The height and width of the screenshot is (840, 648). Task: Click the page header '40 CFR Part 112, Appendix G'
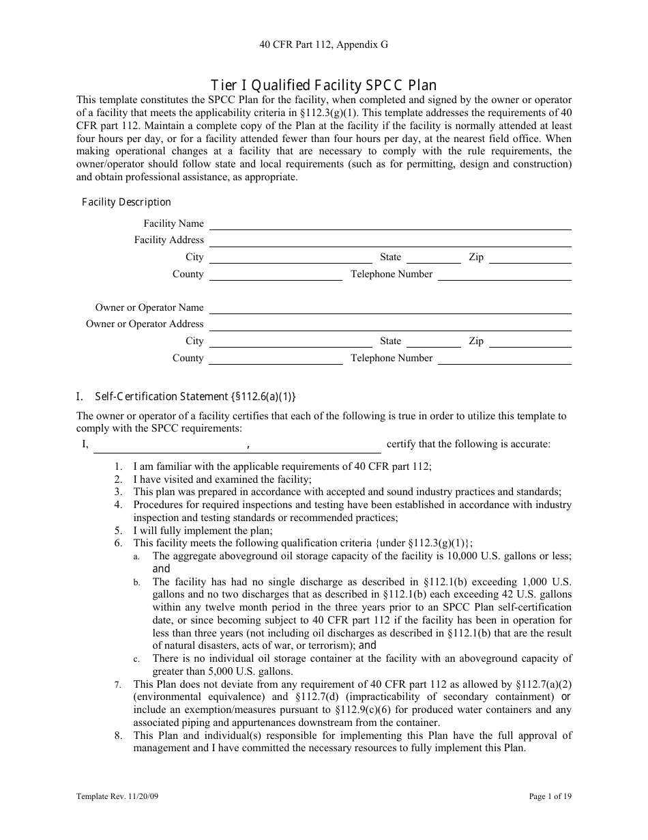[323, 44]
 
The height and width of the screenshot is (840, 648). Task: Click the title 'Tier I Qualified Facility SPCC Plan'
[323, 85]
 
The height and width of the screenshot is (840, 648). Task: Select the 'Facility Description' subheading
[126, 202]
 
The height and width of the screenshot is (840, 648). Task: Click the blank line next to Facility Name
[389, 225]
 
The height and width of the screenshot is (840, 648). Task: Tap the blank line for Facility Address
[389, 241]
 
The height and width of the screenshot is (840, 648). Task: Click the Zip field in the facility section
[530, 258]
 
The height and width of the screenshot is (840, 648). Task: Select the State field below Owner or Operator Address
[434, 342]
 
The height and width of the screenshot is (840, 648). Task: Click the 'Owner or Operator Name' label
[149, 307]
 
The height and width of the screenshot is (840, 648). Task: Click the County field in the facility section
[276, 275]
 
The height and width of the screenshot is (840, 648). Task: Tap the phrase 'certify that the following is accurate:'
[468, 445]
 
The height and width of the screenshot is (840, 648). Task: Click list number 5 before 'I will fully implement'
[118, 531]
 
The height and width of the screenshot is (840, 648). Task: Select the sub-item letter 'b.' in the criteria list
[137, 583]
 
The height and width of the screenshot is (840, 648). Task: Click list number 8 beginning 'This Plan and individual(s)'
[118, 736]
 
